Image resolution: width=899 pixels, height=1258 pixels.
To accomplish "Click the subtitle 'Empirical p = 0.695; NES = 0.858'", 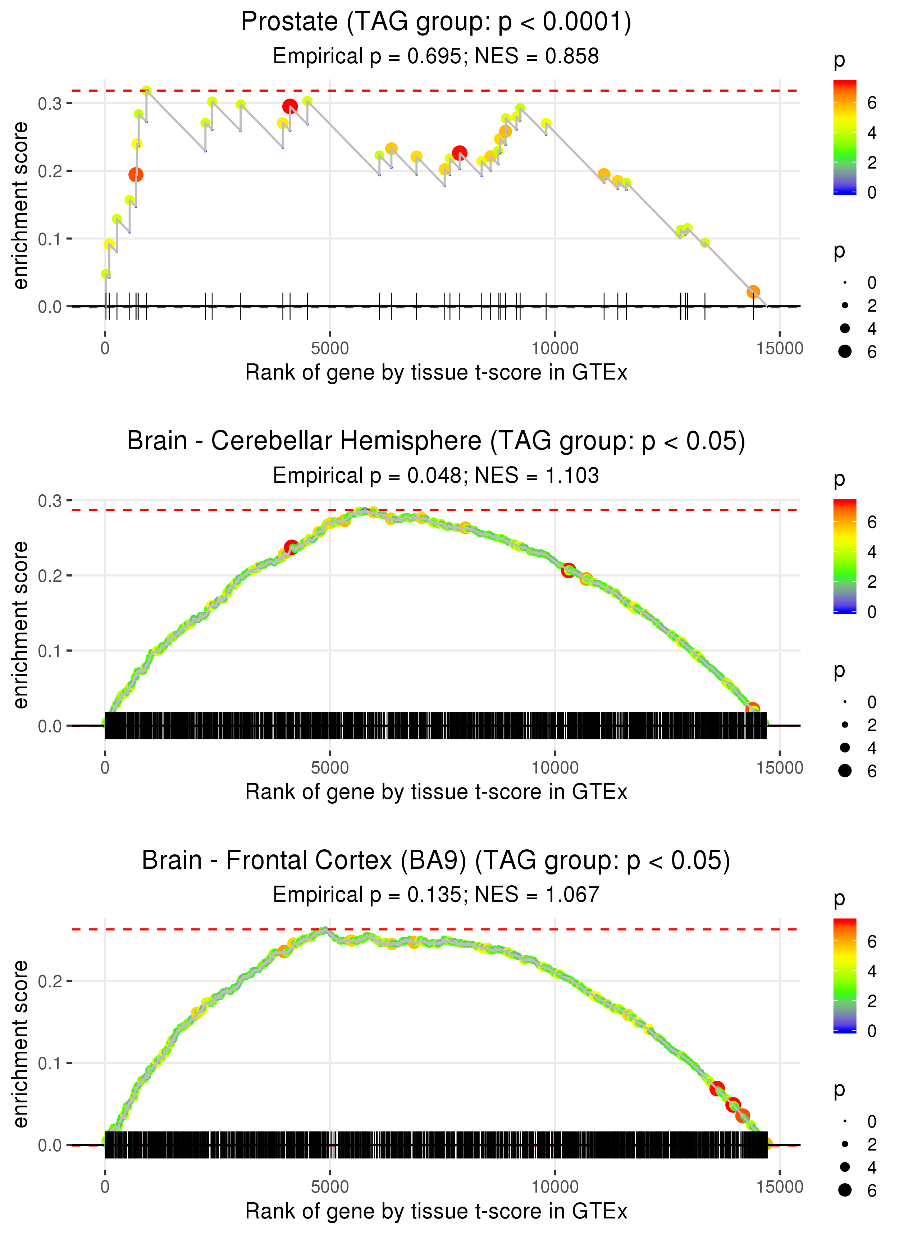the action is pos(436,56).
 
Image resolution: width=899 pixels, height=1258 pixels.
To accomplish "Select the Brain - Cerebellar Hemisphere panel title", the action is pos(436,441).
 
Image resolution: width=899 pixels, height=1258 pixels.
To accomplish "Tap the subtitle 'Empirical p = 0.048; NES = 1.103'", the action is pos(436,476).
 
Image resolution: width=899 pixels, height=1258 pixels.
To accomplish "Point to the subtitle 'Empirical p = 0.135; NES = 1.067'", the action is pos(436,895).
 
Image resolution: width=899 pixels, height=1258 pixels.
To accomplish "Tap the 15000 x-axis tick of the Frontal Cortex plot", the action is pos(779,1186).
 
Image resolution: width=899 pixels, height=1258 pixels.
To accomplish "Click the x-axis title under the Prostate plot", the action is pos(436,373).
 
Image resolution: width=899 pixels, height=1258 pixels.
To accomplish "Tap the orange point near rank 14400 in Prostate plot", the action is pos(753,291).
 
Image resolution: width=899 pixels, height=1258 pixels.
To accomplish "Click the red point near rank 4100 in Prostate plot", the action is pos(289,106).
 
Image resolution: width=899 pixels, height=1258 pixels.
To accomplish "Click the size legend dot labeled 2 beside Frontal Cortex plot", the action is pos(845,1144).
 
